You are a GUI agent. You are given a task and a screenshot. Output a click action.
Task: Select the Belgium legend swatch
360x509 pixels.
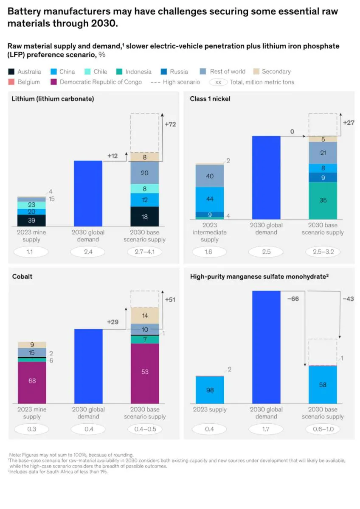point(11,82)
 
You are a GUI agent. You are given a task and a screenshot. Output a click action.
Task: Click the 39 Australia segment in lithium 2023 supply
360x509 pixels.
point(31,221)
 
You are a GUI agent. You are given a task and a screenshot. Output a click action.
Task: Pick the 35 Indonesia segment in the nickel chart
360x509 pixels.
point(323,200)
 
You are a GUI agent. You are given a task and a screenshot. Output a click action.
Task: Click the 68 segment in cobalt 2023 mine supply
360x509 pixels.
point(31,381)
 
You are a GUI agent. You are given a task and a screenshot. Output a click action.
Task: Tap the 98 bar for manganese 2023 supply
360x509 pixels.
point(210,390)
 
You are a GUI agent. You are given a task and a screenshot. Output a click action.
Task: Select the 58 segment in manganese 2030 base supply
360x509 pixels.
point(323,384)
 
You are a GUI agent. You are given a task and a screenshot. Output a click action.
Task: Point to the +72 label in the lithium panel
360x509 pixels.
point(170,125)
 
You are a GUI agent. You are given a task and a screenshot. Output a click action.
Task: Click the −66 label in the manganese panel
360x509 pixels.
point(293,299)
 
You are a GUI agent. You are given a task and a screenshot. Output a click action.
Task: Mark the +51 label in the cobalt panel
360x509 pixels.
point(170,299)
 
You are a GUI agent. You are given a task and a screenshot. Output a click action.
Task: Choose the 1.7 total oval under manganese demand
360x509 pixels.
point(266,429)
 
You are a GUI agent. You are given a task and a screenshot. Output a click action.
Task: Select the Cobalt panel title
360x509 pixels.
point(22,277)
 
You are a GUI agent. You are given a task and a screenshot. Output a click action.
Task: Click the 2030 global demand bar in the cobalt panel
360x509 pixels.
point(88,366)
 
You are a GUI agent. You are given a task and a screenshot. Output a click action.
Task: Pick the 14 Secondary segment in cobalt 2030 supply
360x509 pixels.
point(145,316)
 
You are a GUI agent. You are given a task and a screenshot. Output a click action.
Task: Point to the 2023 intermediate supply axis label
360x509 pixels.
point(210,232)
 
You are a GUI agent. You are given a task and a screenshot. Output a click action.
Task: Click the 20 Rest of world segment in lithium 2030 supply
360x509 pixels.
point(145,173)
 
